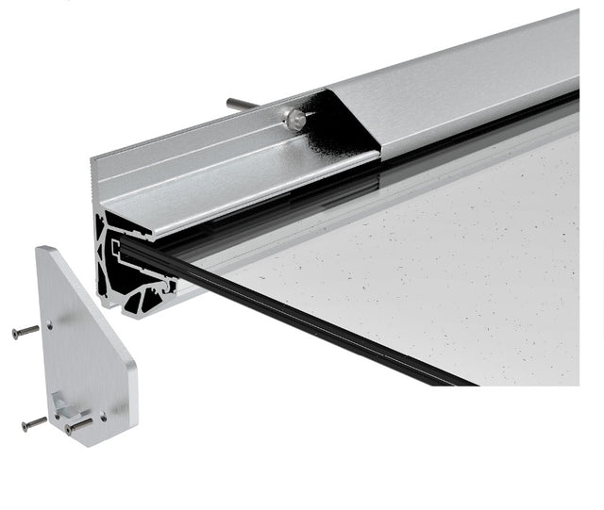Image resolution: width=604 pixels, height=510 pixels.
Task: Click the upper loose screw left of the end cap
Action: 25,331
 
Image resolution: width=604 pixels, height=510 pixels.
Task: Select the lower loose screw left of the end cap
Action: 34,423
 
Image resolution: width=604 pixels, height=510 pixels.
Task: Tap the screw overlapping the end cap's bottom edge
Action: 78,425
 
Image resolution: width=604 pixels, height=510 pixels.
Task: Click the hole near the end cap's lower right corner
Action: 104,412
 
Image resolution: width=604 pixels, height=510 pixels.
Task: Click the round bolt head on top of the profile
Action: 294,118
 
